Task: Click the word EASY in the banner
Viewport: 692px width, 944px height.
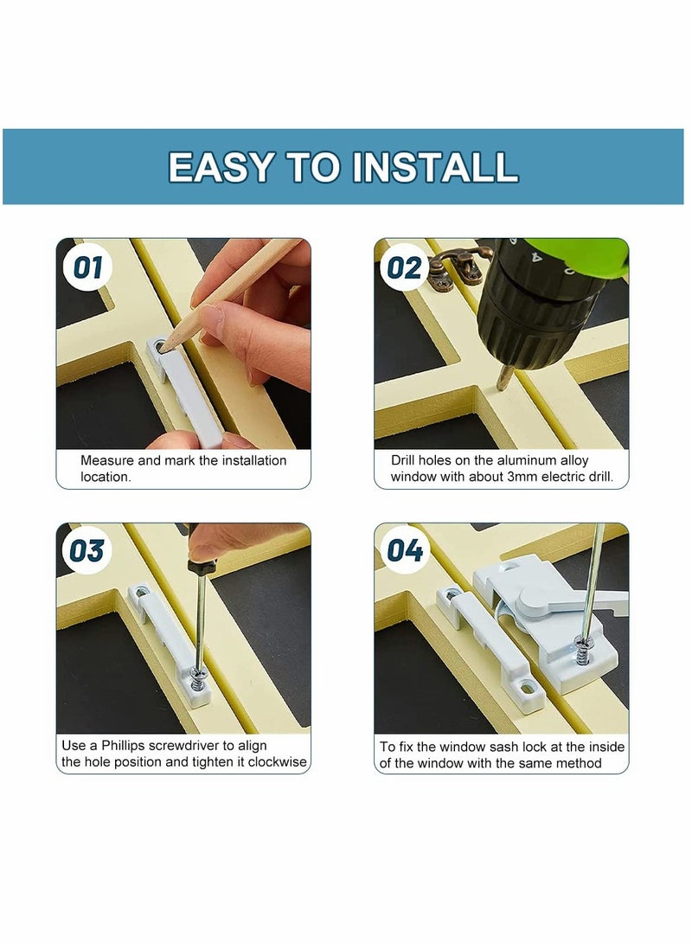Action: coord(221,167)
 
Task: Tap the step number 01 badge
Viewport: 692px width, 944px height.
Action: coord(87,267)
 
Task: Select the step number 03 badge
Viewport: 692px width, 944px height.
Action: coord(87,550)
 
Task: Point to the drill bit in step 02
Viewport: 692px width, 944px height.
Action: coord(502,377)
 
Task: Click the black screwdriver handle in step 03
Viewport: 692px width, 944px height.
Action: coord(201,566)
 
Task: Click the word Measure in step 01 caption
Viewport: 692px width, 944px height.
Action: coord(106,460)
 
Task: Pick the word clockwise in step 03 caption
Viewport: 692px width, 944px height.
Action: coord(276,762)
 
